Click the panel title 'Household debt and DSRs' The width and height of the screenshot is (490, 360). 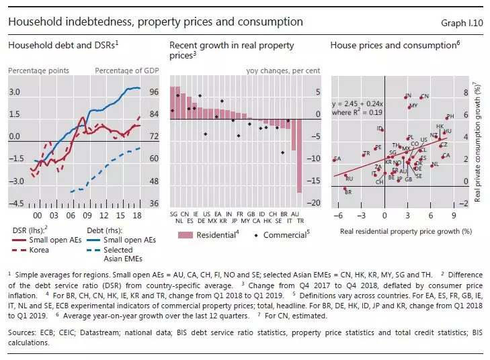click(x=62, y=45)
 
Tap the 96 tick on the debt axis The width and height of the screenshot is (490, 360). click(x=153, y=92)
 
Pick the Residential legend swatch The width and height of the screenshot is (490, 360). click(x=185, y=235)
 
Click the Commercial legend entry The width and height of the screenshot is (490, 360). click(x=282, y=235)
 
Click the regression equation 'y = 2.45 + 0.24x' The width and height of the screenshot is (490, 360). click(x=363, y=104)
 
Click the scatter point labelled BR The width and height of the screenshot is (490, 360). click(x=344, y=189)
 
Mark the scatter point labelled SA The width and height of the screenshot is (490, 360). click(x=334, y=160)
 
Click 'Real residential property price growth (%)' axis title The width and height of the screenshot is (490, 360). click(x=397, y=230)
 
